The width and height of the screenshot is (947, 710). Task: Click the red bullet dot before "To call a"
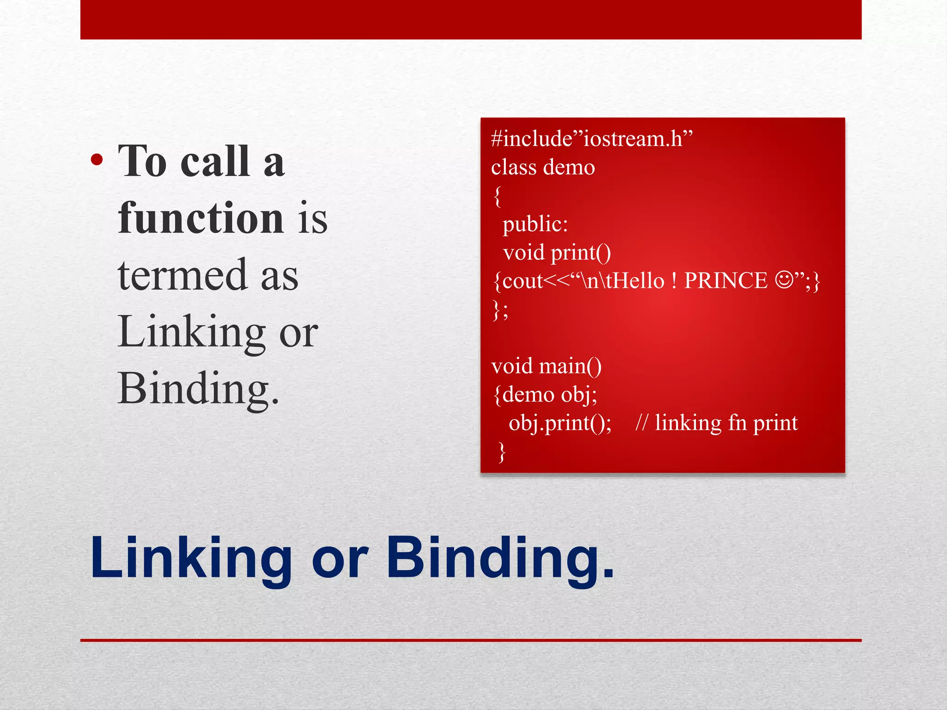tap(97, 160)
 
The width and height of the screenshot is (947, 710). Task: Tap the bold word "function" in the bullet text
tap(201, 218)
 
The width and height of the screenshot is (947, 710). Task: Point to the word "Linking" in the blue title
tap(191, 558)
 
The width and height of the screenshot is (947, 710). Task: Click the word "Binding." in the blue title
tap(500, 558)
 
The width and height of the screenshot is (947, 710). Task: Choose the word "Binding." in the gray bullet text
tap(198, 389)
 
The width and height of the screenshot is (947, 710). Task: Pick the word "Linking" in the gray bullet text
tap(191, 332)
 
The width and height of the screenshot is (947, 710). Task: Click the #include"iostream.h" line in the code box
tap(592, 139)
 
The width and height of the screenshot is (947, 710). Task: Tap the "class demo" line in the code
tap(543, 167)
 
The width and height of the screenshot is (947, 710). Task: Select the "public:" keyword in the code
tap(535, 224)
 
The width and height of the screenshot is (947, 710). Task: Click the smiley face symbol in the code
tap(784, 280)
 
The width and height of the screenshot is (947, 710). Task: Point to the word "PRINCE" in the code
tap(726, 281)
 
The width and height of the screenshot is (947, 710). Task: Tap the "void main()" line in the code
tap(547, 366)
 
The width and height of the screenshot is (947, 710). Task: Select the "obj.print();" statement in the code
tap(560, 423)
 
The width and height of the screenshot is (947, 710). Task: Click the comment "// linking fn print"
tap(716, 423)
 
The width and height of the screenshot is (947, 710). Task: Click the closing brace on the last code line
tap(502, 452)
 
